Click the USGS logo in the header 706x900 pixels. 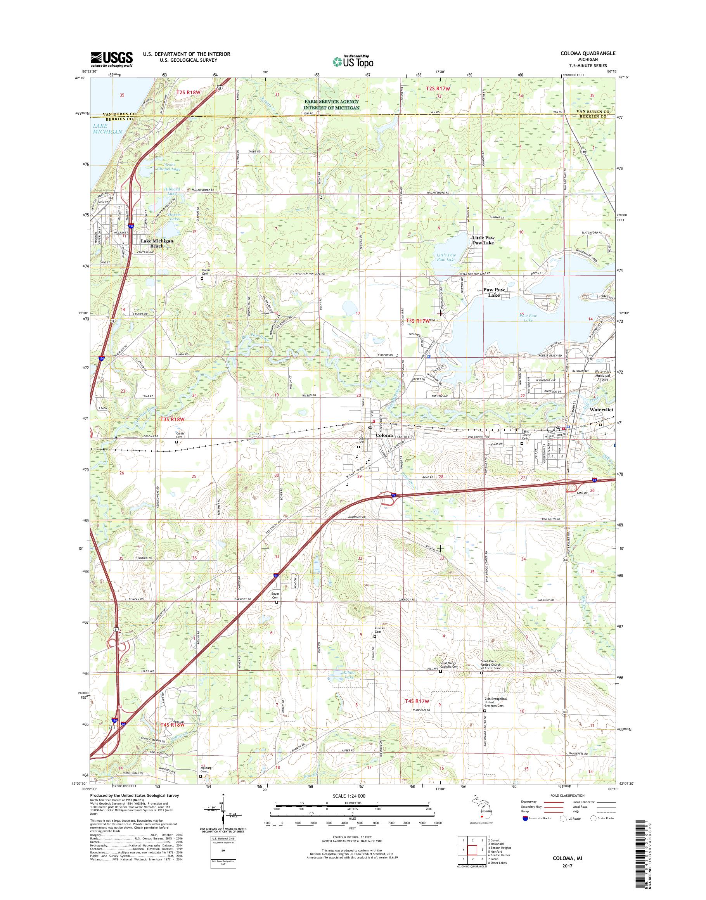pos(112,59)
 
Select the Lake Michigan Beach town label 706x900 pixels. pos(157,243)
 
